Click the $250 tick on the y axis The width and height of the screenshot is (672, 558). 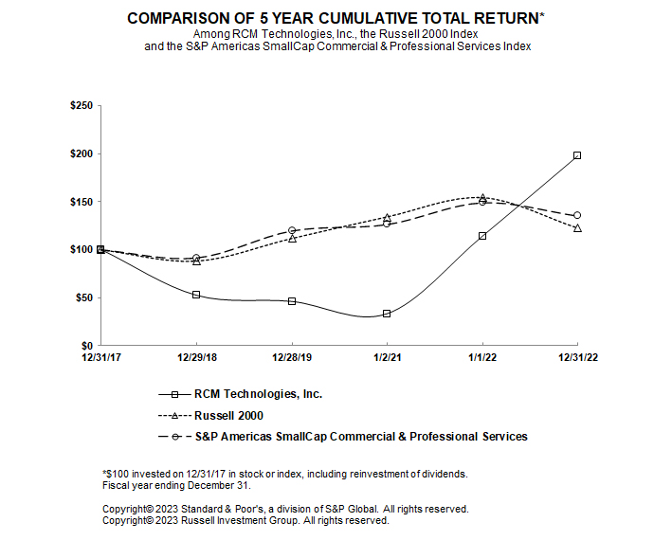coord(81,106)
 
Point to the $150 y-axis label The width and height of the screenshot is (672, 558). coord(81,202)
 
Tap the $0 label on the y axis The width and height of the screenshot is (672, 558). coord(86,346)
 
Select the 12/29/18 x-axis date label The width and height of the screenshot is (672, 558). coord(196,358)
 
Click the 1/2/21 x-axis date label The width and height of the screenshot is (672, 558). coord(387,358)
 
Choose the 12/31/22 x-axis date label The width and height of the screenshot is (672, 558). coord(577,358)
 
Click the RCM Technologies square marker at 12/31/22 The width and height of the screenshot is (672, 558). coord(577,155)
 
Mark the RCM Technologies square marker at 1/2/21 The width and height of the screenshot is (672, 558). coord(387,314)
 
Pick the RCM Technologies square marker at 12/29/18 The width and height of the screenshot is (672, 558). coord(196,295)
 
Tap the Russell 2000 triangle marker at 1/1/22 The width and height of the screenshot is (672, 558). coord(482,198)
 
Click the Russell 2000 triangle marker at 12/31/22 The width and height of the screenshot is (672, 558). coord(577,228)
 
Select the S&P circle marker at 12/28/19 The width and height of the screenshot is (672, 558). coord(292,230)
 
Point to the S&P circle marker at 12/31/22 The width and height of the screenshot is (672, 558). coord(577,215)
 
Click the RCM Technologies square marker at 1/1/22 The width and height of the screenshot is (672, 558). coord(482,236)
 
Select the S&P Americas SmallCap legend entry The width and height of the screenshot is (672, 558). coord(360,437)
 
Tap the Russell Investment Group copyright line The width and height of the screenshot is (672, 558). coord(245,520)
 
